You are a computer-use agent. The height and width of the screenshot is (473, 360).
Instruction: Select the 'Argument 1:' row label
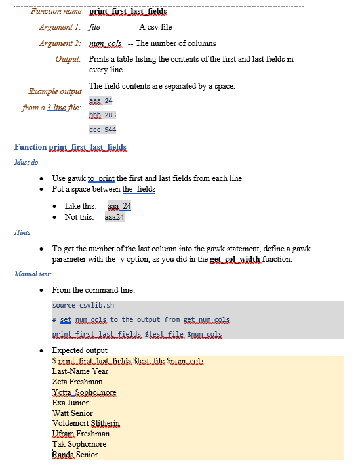point(60,27)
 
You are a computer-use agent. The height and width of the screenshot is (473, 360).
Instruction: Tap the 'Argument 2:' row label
point(60,43)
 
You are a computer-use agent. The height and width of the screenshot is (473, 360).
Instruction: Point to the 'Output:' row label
point(68,59)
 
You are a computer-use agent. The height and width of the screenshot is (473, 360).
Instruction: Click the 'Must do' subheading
point(26,162)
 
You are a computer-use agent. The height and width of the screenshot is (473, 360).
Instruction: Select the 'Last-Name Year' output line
point(80,371)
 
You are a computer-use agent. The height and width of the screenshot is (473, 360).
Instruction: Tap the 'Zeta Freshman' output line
point(77,381)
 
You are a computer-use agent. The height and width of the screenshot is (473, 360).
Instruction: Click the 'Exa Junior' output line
point(70,402)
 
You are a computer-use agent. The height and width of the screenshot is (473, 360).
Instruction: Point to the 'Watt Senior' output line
point(72,413)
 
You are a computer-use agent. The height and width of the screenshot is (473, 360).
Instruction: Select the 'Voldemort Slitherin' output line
point(85,423)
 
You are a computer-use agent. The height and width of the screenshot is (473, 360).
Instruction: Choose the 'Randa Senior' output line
point(75,455)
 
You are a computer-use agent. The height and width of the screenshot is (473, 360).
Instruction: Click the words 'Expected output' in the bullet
point(80,350)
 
